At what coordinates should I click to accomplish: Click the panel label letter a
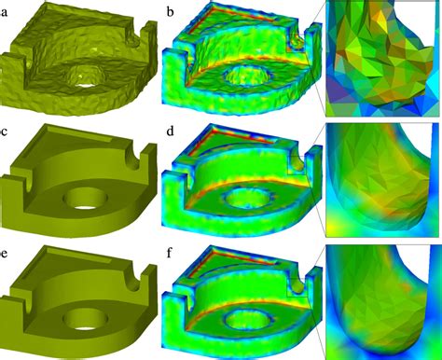7,11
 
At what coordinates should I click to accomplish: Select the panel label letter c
7,130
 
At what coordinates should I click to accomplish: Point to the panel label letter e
7,249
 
